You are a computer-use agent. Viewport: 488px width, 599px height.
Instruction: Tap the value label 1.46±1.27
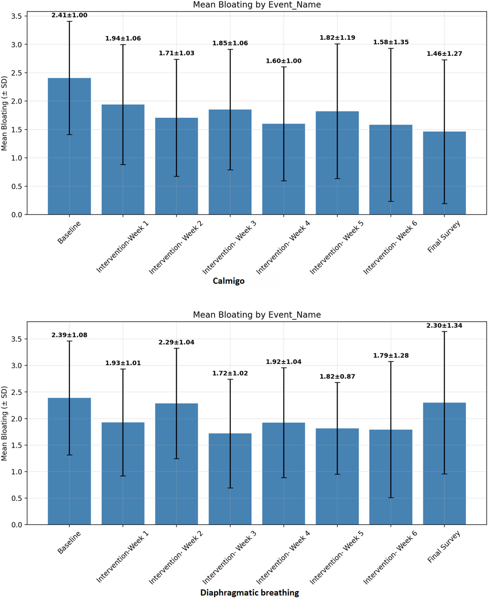[x=444, y=54]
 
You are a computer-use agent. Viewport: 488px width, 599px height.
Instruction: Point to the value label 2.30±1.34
[x=444, y=325]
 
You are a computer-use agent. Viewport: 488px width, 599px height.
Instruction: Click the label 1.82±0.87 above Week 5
[x=337, y=376]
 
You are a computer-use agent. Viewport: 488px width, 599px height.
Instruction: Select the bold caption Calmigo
[x=228, y=281]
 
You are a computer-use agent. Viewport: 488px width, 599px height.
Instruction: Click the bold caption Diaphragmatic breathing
[x=249, y=593]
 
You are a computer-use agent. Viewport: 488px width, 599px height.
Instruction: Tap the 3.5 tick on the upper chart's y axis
[x=16, y=16]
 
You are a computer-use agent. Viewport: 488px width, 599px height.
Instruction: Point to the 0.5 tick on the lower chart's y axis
[x=16, y=498]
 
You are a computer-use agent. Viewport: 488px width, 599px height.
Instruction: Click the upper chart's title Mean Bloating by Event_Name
[x=257, y=5]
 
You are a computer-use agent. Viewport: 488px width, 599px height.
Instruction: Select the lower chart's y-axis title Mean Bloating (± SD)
[x=4, y=423]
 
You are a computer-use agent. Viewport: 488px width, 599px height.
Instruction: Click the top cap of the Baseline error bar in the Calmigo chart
[x=69, y=22]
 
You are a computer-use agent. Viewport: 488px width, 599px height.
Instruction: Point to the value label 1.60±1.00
[x=283, y=61]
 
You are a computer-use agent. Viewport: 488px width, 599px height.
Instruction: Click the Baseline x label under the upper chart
[x=69, y=232]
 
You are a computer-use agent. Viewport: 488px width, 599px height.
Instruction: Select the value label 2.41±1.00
[x=69, y=15]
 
